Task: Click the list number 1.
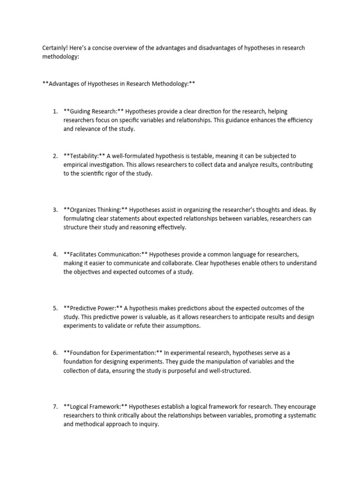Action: (x=55, y=112)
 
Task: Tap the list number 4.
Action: (x=55, y=255)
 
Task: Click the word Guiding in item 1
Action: (x=81, y=112)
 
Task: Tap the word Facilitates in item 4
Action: (x=85, y=255)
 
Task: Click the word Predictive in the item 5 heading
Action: (x=83, y=308)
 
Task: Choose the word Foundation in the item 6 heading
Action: (x=85, y=352)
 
